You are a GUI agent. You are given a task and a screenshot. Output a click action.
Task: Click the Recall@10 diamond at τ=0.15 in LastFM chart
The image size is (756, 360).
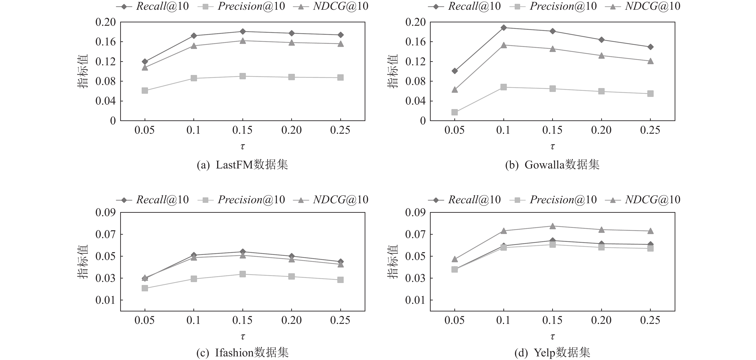click(x=243, y=31)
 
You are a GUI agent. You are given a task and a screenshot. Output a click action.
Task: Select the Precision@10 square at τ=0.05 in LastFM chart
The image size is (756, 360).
click(x=145, y=91)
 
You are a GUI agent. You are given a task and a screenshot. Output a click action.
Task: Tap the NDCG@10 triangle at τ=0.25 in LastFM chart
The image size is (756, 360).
click(x=340, y=44)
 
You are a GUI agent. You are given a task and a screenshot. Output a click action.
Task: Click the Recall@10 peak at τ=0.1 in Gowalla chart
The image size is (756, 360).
click(x=504, y=28)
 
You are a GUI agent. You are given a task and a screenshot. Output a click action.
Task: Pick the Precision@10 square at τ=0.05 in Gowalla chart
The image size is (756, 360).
click(x=455, y=112)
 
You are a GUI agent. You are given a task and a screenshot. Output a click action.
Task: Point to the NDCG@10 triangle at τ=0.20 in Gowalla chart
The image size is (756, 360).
click(x=601, y=56)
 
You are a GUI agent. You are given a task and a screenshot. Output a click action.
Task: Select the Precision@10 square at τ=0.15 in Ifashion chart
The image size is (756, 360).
click(x=243, y=274)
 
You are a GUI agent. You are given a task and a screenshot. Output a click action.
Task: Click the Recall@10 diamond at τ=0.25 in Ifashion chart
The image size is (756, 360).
click(x=340, y=262)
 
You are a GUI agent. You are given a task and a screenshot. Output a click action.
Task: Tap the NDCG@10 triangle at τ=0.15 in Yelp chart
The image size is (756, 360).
click(x=553, y=226)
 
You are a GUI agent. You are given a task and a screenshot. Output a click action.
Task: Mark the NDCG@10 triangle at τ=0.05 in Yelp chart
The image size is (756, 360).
click(x=455, y=259)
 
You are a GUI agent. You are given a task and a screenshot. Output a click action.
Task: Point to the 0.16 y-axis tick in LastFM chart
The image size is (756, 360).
click(x=105, y=42)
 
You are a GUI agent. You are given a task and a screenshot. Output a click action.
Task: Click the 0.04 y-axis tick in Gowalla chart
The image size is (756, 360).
click(x=415, y=101)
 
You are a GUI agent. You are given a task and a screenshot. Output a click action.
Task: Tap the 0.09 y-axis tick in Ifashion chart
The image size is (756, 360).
click(x=105, y=213)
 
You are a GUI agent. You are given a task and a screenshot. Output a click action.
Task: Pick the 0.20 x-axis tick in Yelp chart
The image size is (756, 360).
click(x=601, y=320)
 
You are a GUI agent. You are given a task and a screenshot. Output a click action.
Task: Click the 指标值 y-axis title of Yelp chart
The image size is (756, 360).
click(x=393, y=262)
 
